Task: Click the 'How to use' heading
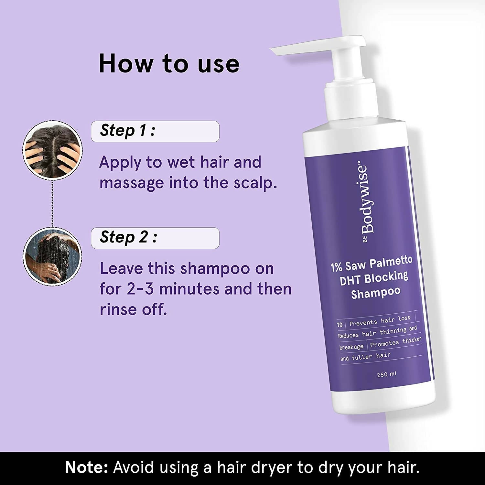tap(169, 63)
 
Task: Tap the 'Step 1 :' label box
tap(155, 131)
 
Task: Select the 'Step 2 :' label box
tap(155, 238)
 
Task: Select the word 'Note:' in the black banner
tap(86, 468)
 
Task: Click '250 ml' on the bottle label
tap(386, 374)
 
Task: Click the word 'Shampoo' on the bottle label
tap(376, 293)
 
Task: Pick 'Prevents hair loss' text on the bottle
tap(380, 321)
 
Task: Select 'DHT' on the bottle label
tap(350, 281)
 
